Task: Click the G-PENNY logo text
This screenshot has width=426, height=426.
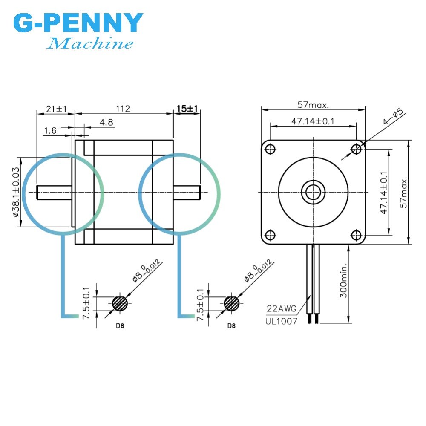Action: coord(78,23)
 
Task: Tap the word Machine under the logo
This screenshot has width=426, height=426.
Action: coord(90,43)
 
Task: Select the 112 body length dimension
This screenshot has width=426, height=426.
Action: coord(123,109)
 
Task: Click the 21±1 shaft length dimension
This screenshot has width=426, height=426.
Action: coord(56,109)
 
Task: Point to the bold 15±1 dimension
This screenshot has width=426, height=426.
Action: coord(187,109)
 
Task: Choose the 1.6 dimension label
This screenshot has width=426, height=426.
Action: coord(50,131)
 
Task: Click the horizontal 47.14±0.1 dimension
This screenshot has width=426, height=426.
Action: coord(313,121)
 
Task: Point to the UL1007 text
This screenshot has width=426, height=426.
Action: coord(282,321)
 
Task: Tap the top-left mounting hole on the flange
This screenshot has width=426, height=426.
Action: coord(270,149)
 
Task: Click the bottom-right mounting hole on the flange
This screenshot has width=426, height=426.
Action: coord(357,235)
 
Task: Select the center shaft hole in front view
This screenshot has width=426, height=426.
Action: coord(313,192)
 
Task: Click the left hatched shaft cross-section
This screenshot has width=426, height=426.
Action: coord(121,304)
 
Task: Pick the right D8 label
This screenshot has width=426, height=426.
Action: coord(231,326)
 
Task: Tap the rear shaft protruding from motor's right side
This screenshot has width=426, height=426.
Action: coord(187,192)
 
